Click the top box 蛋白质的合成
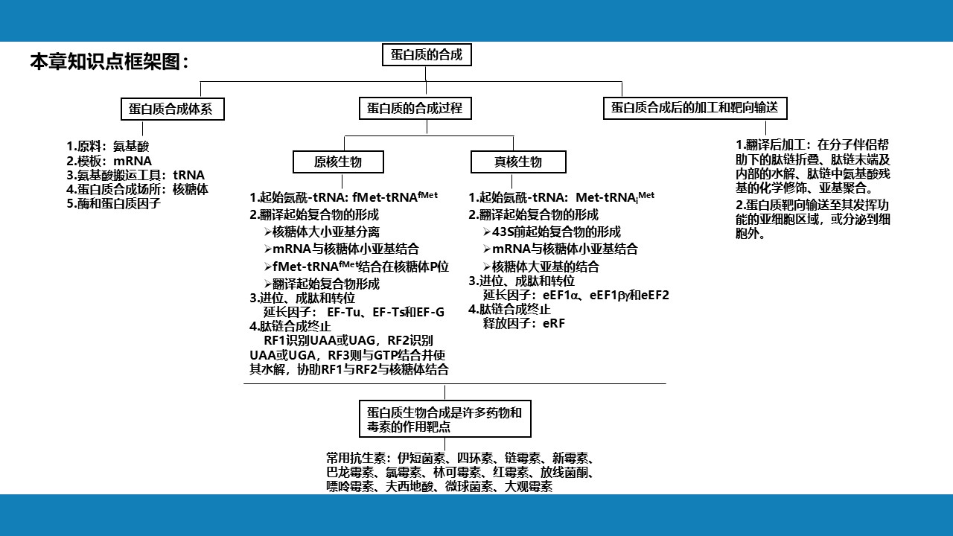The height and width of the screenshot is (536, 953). (427, 55)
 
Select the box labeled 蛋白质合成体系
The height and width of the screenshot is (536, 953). (171, 109)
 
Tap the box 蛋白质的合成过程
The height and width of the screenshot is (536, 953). (415, 108)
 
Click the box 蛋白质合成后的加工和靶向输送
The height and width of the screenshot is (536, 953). (694, 107)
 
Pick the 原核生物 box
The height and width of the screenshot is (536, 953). (338, 162)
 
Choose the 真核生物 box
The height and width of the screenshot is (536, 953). (518, 162)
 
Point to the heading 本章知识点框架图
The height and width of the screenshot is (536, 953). (109, 62)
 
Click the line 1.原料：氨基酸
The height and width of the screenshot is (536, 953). (108, 147)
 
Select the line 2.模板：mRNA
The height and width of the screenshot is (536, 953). (109, 161)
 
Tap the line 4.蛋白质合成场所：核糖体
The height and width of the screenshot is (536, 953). (137, 189)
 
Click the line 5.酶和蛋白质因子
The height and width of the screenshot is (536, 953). (113, 202)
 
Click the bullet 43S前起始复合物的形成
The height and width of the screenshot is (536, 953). (556, 232)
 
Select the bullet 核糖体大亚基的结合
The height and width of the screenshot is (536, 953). (545, 267)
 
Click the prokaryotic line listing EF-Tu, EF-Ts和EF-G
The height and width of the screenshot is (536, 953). (354, 312)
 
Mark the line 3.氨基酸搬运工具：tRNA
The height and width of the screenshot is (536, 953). (136, 175)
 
